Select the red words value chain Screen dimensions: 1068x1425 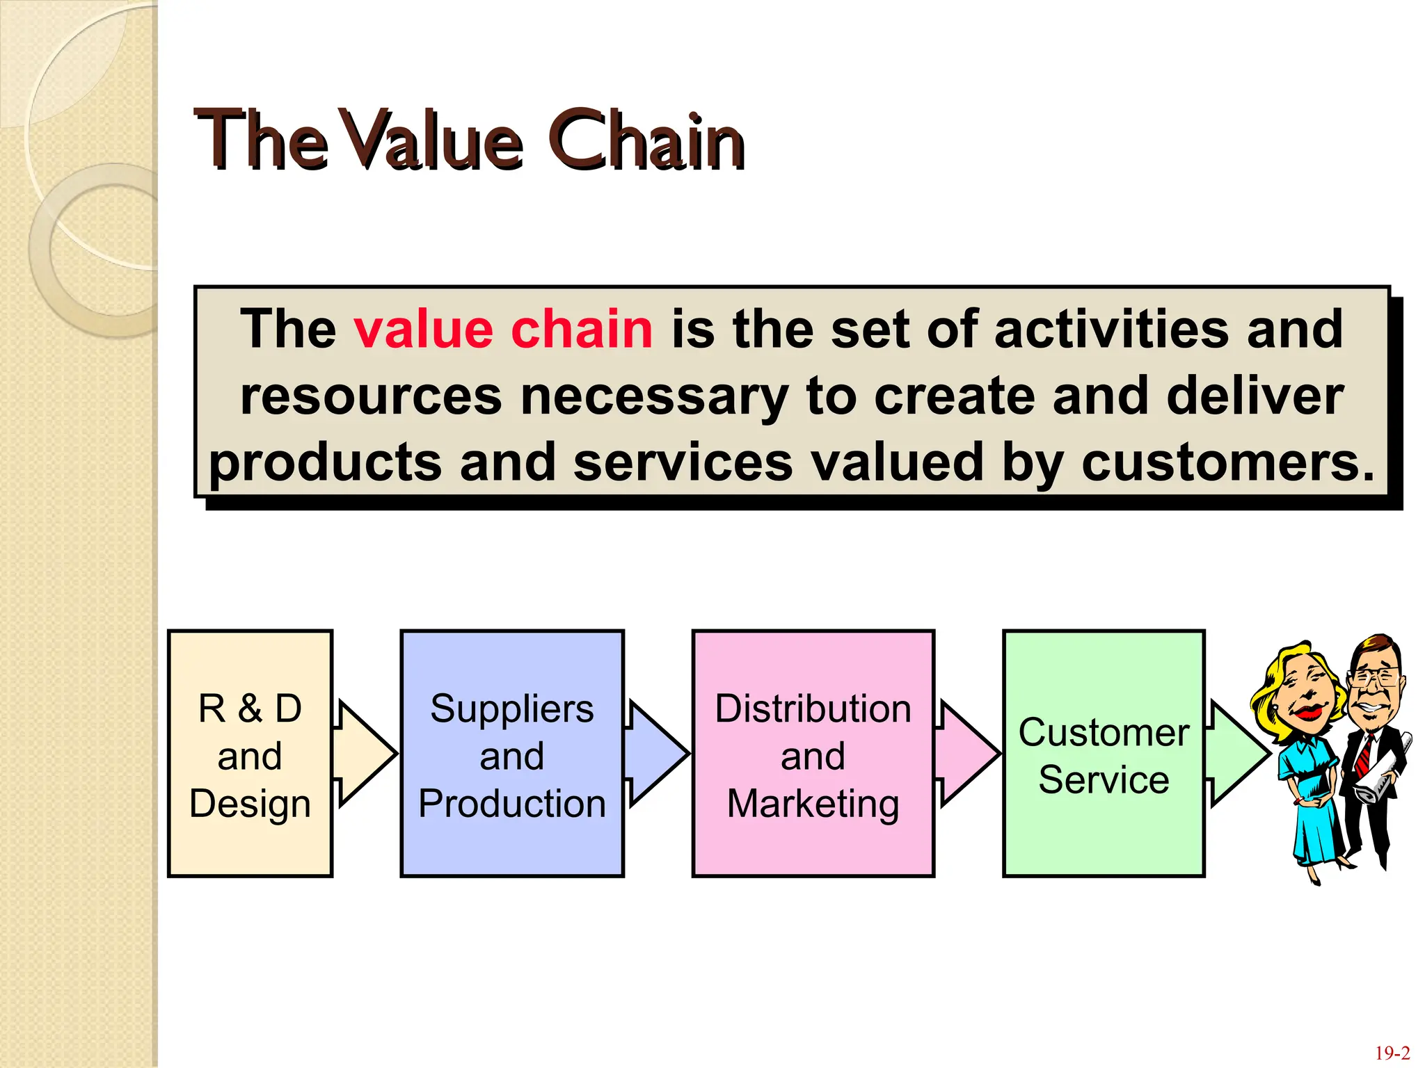pos(502,329)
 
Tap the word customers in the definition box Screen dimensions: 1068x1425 pos(1227,462)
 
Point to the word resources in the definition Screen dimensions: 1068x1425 pos(371,396)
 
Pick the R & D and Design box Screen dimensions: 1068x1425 pos(250,754)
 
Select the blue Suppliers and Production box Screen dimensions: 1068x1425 pos(512,754)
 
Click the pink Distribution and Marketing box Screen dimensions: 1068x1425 pos(813,754)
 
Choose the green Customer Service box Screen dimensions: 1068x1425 pos(1104,754)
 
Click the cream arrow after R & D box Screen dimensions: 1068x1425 pos(365,754)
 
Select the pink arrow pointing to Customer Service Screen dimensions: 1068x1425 pos(967,754)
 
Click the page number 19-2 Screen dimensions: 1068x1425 pos(1392,1053)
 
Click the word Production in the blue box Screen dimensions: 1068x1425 pos(512,804)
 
